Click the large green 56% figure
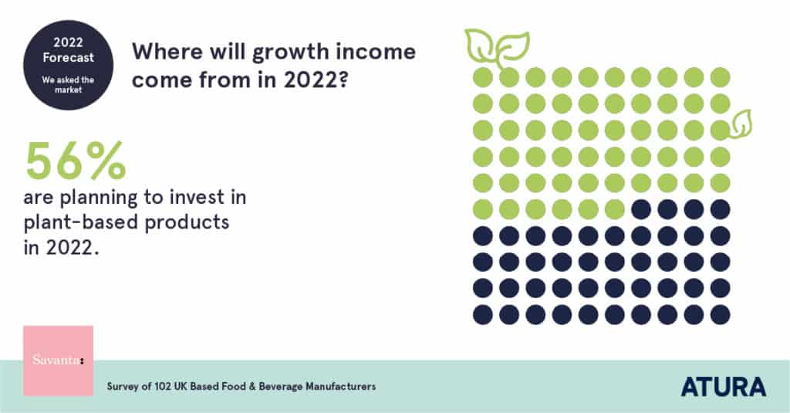click(76, 160)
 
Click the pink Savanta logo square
click(58, 361)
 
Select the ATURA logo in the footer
click(723, 386)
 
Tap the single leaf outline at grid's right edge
click(741, 124)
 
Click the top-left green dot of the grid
click(483, 77)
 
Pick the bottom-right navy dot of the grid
click(720, 314)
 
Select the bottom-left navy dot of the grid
click(483, 314)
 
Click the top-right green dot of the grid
click(720, 77)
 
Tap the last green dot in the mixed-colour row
click(615, 209)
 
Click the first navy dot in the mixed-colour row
click(641, 209)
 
